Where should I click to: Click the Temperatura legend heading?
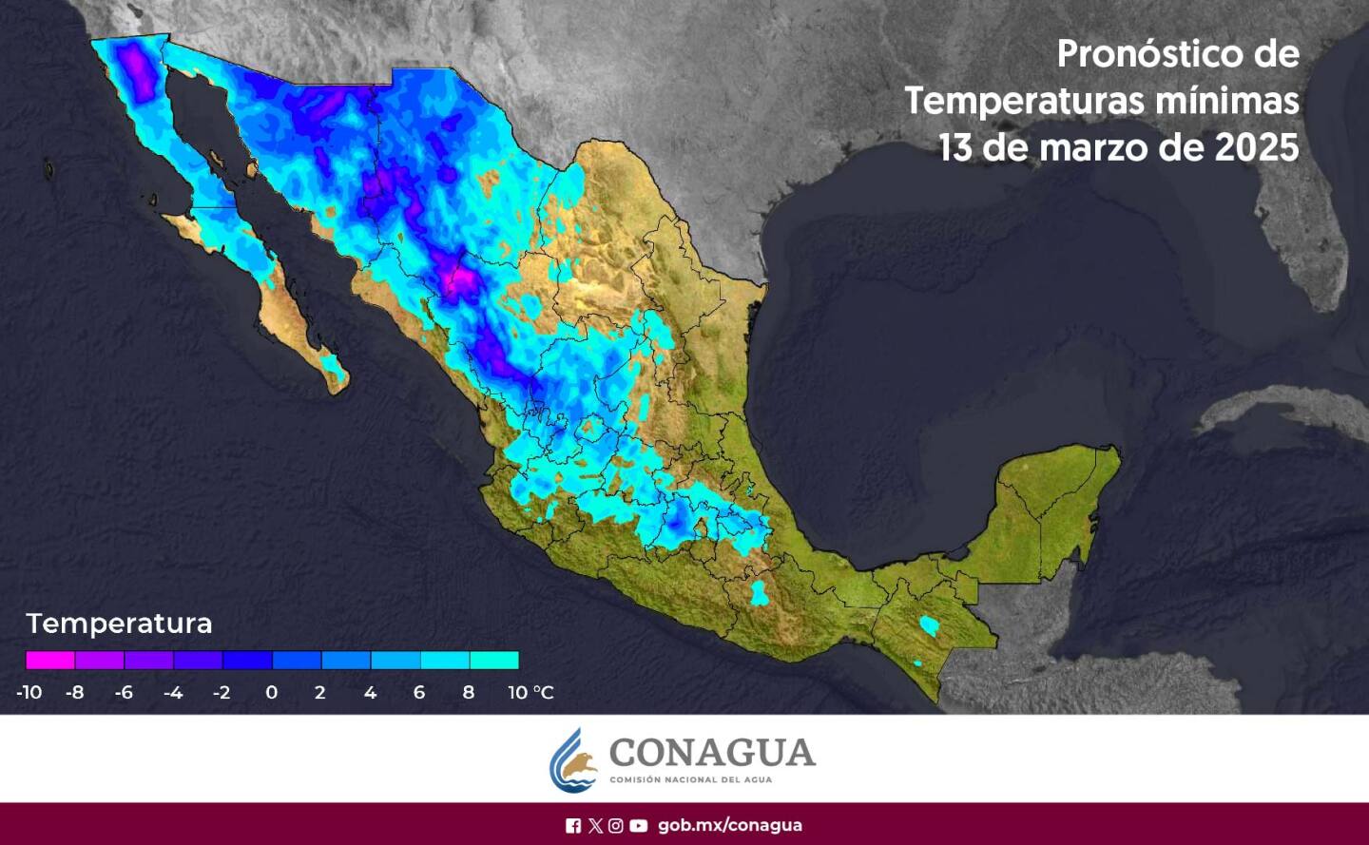tap(119, 624)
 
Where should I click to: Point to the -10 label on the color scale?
tap(29, 692)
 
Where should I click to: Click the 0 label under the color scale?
tap(271, 692)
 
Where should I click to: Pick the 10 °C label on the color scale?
tap(530, 692)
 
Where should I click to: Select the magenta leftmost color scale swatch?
tap(50, 660)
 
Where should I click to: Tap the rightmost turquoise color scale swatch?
tap(493, 660)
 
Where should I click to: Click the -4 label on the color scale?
tap(172, 692)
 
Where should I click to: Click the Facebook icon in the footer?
tap(573, 825)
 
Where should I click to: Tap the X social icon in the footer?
tap(595, 825)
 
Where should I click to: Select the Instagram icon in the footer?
tap(616, 825)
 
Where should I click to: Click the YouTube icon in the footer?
tap(639, 825)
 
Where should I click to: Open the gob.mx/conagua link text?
tap(729, 825)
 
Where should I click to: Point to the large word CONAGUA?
tap(712, 752)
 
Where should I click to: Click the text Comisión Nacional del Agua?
tap(690, 779)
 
